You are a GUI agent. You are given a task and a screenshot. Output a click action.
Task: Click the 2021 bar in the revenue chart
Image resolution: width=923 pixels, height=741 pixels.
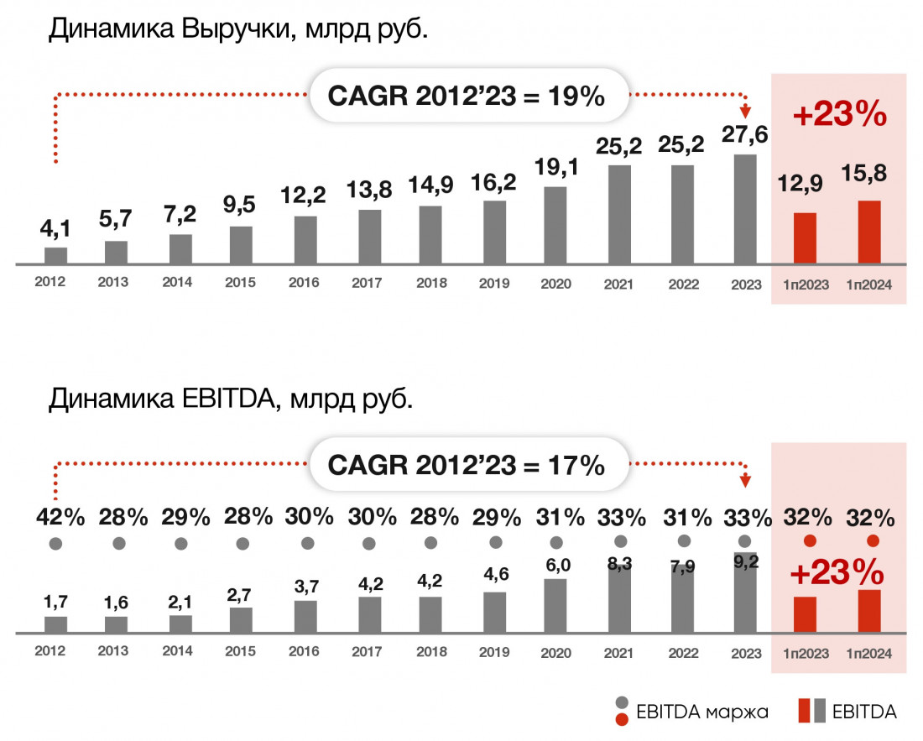coord(619,214)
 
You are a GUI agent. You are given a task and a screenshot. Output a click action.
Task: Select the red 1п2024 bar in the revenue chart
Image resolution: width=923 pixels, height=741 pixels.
coord(869,232)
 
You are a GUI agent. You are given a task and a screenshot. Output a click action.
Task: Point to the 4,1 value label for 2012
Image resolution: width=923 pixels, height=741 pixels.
coord(55,228)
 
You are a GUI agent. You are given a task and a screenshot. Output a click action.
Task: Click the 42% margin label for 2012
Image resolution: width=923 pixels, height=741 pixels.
coord(60,517)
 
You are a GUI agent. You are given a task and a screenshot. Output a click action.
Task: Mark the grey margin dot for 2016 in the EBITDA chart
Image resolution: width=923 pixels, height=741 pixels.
coord(307,543)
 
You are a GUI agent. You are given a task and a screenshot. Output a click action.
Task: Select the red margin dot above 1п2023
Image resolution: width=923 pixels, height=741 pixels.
coord(810,540)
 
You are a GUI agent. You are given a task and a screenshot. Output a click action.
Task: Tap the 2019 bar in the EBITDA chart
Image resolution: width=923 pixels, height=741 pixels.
coord(495,612)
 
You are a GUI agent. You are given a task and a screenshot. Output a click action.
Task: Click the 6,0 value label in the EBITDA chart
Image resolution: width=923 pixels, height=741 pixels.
coord(557,565)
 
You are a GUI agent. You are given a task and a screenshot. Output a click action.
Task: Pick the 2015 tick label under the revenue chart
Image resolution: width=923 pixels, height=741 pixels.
coord(240,283)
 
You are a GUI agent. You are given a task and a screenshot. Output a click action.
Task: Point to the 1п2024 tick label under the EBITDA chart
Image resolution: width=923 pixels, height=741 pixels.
coord(868,653)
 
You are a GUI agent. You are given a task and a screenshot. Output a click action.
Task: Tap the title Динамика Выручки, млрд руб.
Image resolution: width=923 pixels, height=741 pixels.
coord(239,30)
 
